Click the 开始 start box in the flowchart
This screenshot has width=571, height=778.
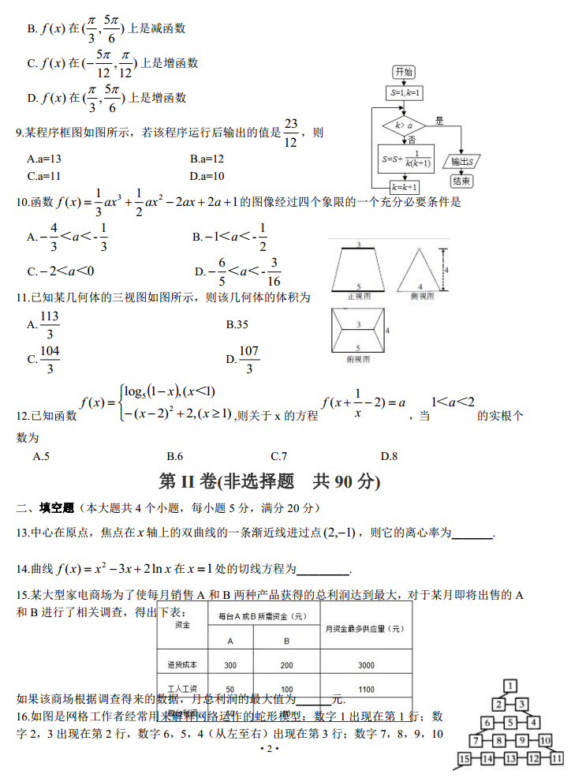(403, 72)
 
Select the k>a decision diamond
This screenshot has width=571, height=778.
(403, 125)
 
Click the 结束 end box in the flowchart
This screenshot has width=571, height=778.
(461, 181)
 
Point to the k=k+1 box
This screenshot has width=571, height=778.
(404, 187)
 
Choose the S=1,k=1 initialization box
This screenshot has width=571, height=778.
(404, 93)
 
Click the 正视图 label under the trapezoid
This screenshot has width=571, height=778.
(359, 295)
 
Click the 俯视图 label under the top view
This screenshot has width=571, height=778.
(359, 359)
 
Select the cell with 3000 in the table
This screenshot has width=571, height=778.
(365, 665)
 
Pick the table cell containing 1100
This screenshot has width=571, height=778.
(365, 689)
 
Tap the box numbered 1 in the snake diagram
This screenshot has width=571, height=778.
(511, 686)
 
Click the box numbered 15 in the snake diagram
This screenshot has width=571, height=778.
(464, 759)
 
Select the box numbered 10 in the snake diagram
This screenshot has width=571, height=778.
(545, 740)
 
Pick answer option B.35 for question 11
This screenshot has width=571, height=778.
(237, 324)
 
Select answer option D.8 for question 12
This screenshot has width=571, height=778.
(389, 456)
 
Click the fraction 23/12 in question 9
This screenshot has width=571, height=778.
(291, 133)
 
